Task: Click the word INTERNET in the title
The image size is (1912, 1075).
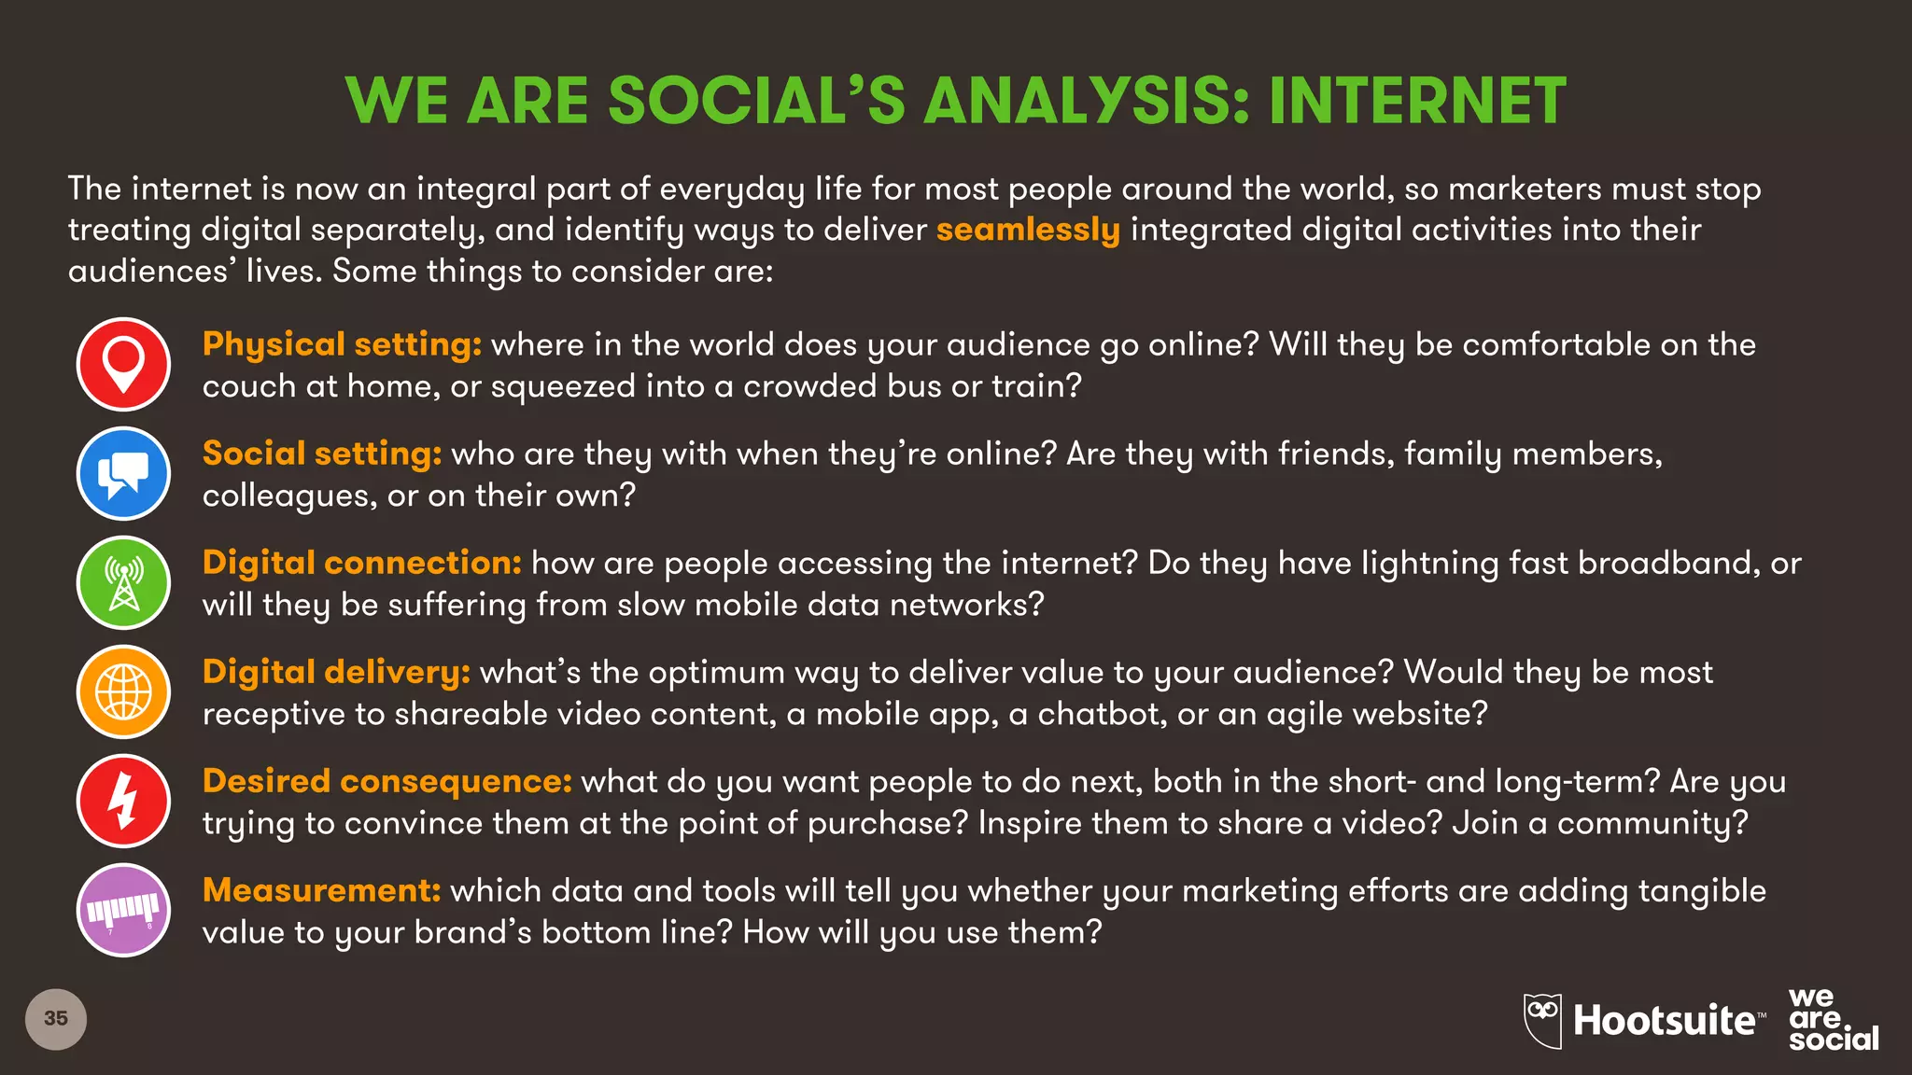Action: (x=1416, y=101)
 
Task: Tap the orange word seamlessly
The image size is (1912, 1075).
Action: (x=1028, y=230)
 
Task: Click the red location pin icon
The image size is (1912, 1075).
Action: (x=123, y=364)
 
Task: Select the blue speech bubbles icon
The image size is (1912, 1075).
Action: (x=123, y=473)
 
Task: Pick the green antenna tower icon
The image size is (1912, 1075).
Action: (x=123, y=582)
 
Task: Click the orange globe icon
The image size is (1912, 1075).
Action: (x=123, y=691)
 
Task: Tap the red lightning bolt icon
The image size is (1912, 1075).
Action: (x=123, y=801)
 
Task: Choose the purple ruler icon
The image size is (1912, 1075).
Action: (x=123, y=910)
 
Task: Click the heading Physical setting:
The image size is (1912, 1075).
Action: (x=342, y=344)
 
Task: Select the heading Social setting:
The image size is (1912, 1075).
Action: (x=322, y=454)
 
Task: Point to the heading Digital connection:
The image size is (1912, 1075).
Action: (x=361, y=563)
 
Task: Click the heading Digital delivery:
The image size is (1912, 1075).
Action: (x=336, y=672)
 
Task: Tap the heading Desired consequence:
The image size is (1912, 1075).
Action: (x=387, y=781)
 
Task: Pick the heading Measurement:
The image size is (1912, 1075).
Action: (x=321, y=890)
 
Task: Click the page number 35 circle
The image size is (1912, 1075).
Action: (x=56, y=1019)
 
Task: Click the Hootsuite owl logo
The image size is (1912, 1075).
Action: (x=1543, y=1019)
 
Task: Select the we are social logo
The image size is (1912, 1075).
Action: (x=1832, y=1020)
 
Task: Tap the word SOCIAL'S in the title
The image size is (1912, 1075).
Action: (x=756, y=101)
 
